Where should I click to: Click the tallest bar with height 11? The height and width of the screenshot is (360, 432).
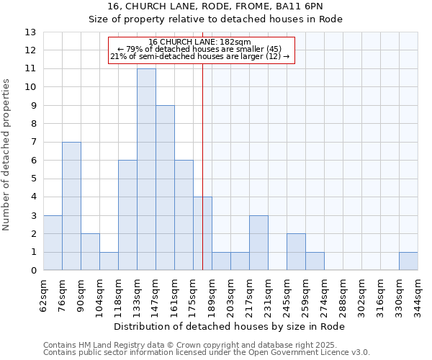[x=146, y=169]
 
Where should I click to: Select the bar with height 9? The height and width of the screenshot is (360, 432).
[x=165, y=188]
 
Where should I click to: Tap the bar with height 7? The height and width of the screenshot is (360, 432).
[x=71, y=206]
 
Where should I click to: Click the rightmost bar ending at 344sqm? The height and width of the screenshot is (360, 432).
[x=408, y=261]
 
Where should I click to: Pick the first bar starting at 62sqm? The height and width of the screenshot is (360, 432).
[x=53, y=243]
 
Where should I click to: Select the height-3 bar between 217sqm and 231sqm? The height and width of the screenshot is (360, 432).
[x=258, y=243]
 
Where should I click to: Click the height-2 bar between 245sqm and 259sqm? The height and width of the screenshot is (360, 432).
[x=296, y=252]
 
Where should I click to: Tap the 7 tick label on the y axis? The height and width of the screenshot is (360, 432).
[x=32, y=143]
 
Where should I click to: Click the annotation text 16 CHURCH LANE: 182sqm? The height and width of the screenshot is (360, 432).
[x=201, y=42]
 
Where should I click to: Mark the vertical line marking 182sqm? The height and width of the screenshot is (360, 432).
[x=202, y=166]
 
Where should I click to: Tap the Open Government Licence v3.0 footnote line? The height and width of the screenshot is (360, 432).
[x=207, y=352]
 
